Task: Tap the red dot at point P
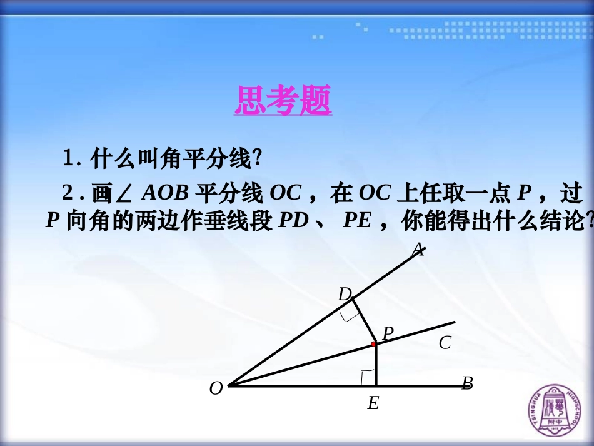374,344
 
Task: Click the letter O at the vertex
216,388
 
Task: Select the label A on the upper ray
418,250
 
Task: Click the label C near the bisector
445,343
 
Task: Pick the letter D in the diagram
345,294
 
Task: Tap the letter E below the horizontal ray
373,403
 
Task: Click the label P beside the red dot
388,333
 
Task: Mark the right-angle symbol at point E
368,378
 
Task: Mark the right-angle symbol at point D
349,315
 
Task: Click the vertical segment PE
375,366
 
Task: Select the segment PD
363,322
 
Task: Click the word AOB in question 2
165,193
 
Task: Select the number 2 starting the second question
68,193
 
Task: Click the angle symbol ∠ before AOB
124,194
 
